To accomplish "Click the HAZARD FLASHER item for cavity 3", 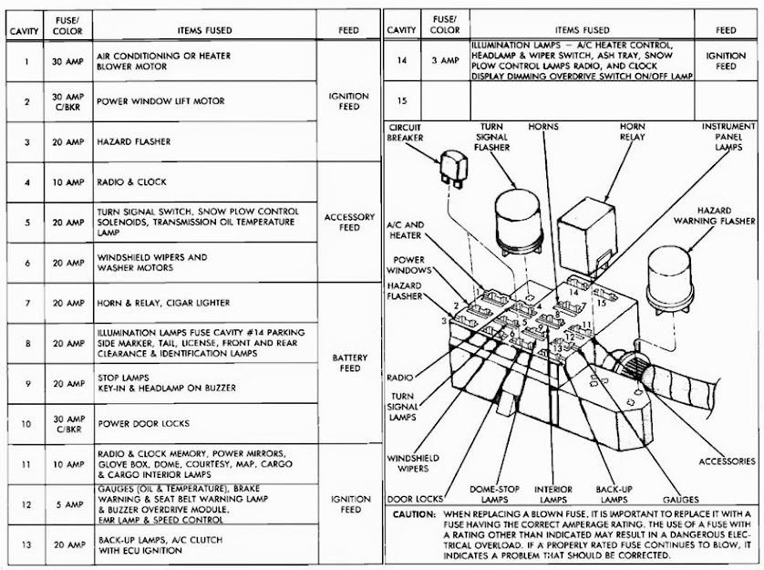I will coord(134,142).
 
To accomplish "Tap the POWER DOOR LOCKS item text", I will coord(143,423).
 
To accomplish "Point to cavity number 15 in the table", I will coord(402,98).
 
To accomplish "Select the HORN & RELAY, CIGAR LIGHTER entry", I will coord(163,303).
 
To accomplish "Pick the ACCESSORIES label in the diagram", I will coord(727,461).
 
